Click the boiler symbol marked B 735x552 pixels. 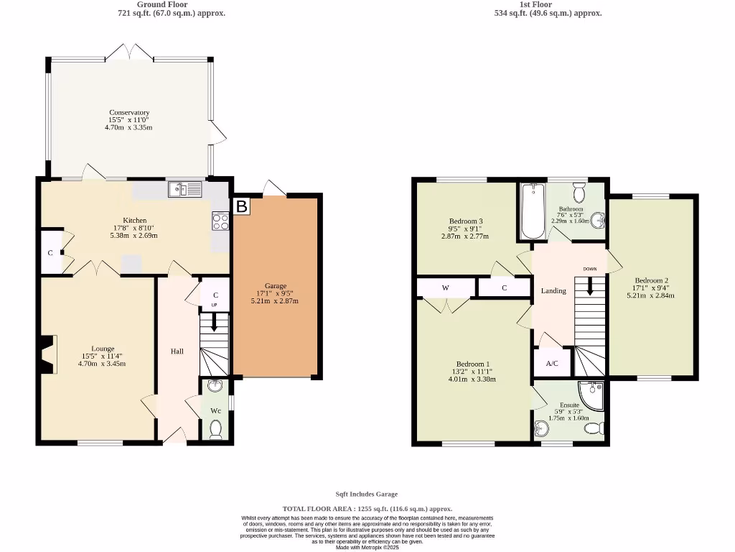click(x=242, y=207)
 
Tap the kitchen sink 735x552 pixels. click(x=186, y=190)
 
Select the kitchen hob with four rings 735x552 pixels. click(x=220, y=221)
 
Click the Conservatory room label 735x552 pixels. click(x=129, y=113)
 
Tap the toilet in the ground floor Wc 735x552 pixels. click(x=215, y=429)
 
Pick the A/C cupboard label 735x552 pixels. click(x=552, y=364)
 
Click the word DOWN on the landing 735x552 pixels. click(x=589, y=269)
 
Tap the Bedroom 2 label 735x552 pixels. click(x=651, y=280)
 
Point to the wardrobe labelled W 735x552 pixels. click(x=445, y=288)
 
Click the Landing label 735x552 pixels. click(x=553, y=291)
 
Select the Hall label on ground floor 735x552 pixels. click(x=177, y=351)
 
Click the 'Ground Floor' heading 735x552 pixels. click(x=162, y=4)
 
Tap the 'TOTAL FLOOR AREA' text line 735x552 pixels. click(x=367, y=507)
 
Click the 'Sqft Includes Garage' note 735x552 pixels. click(x=367, y=494)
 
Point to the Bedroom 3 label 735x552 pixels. click(x=466, y=221)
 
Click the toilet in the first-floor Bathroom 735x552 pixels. click(x=580, y=192)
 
